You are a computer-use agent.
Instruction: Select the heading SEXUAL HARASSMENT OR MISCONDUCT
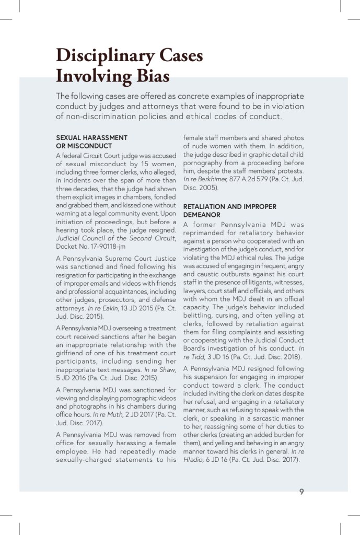click(x=91, y=141)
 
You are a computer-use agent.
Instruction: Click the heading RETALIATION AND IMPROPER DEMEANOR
click(x=229, y=211)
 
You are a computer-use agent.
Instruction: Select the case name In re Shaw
click(x=161, y=369)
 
